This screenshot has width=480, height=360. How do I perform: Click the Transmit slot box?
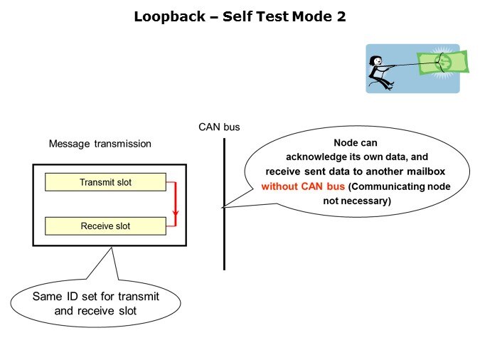click(x=105, y=182)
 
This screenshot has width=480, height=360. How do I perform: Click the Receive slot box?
click(x=105, y=226)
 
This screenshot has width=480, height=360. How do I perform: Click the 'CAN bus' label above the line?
click(x=219, y=127)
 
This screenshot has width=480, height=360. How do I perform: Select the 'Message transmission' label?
click(x=100, y=144)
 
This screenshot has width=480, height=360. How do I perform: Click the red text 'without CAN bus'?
click(x=303, y=187)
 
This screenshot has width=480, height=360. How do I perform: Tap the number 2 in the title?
click(x=341, y=17)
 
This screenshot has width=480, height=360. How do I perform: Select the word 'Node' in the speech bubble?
click(x=346, y=142)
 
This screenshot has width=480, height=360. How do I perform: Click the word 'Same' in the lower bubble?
click(x=46, y=296)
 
